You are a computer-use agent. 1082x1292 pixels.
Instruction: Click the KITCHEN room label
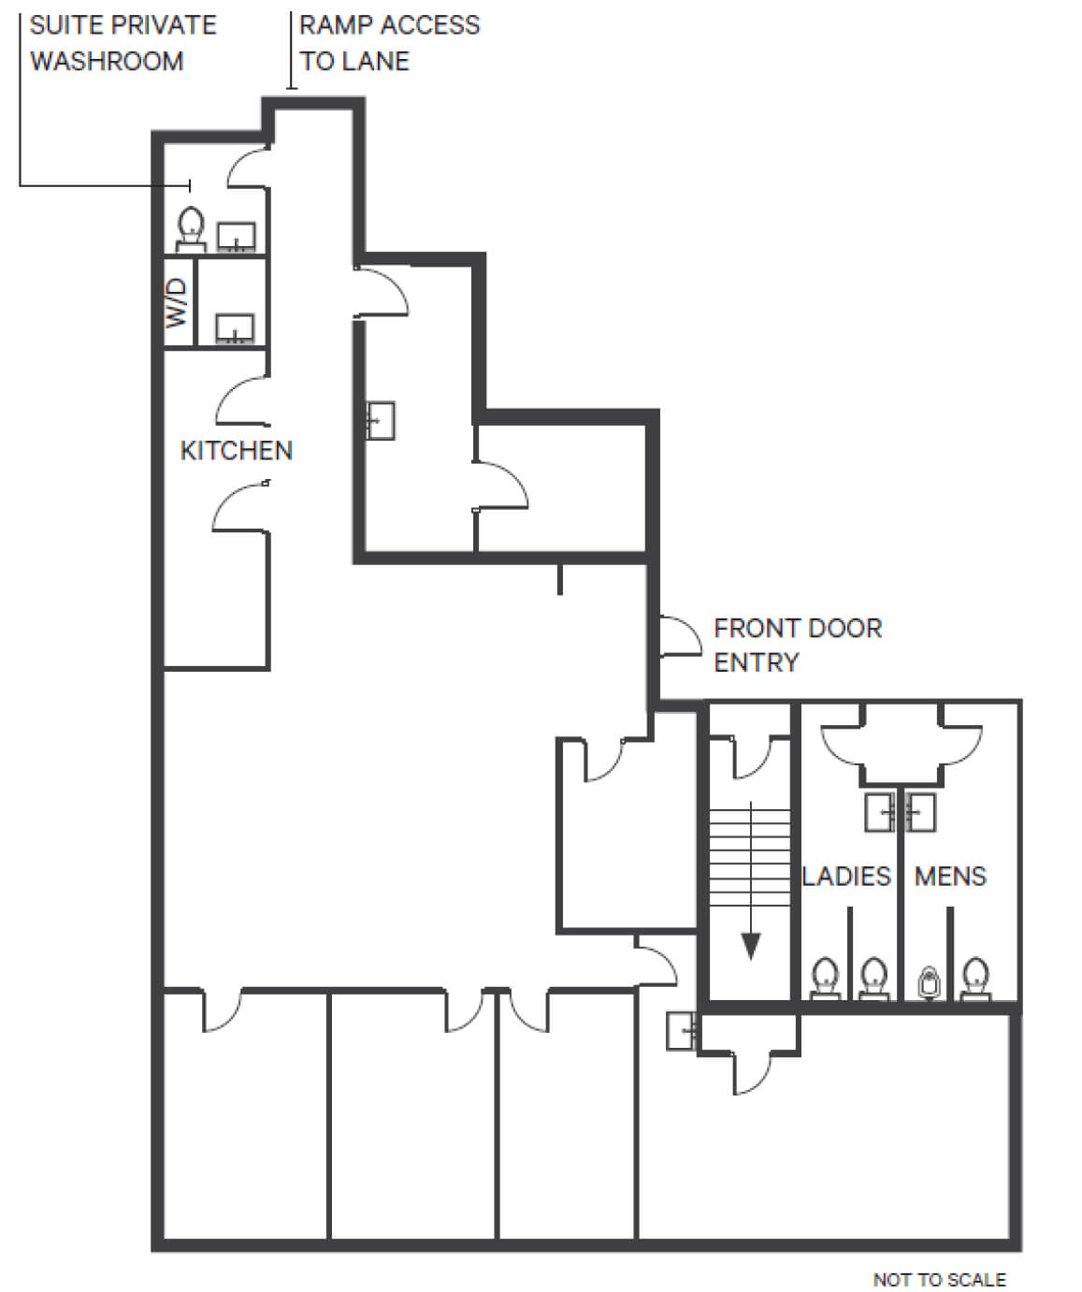(x=236, y=450)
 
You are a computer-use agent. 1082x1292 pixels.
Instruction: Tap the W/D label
(x=177, y=303)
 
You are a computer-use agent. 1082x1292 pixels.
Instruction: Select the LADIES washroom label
(x=845, y=877)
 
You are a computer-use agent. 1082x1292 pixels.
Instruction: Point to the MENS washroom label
(x=950, y=877)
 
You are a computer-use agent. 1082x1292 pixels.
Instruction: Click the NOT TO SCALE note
(x=939, y=1274)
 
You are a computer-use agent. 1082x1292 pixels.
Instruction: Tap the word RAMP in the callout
(x=334, y=25)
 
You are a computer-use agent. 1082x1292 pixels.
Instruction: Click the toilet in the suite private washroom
(x=191, y=229)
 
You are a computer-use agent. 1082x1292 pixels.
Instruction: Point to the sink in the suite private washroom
(x=236, y=237)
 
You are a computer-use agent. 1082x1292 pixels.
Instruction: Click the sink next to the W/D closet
(x=235, y=328)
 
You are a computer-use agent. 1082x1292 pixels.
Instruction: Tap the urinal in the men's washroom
(x=929, y=983)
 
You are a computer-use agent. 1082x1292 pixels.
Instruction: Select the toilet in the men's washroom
(x=975, y=979)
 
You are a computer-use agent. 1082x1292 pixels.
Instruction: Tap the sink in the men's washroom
(x=920, y=812)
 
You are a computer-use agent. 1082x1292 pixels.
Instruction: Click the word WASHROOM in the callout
(x=107, y=61)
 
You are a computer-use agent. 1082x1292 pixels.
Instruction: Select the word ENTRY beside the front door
(x=756, y=662)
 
